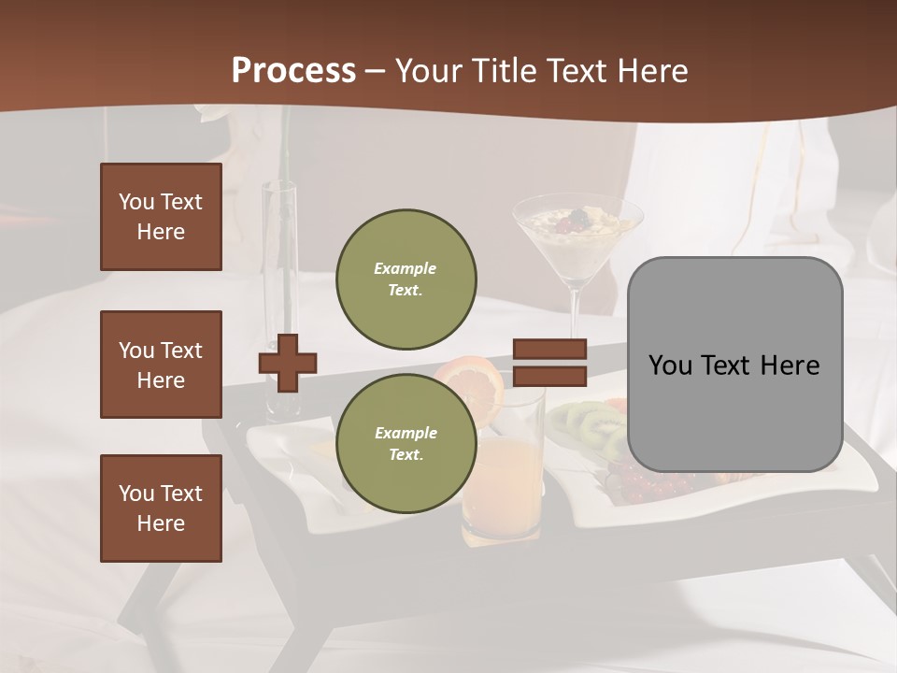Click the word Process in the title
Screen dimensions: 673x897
293,71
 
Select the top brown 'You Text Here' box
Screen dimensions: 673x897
161,217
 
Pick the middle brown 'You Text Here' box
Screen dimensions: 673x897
161,365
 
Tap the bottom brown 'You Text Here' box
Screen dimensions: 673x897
161,508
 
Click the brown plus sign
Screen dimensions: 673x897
288,363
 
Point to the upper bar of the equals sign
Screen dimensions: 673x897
549,349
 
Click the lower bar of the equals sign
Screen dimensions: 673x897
549,376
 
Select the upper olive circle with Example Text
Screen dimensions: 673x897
406,279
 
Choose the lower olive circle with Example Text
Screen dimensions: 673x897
406,444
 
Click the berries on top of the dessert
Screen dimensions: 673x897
572,221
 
